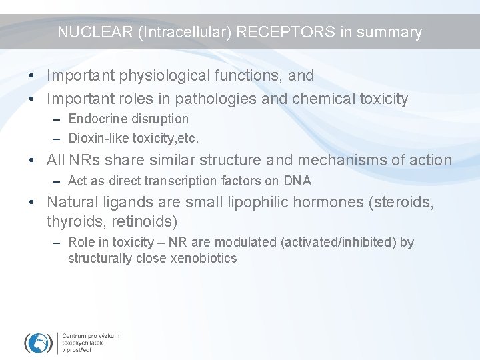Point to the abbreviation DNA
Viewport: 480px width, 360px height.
pos(297,181)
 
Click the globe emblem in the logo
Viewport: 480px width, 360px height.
pos(38,343)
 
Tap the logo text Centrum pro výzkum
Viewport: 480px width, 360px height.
pos(91,336)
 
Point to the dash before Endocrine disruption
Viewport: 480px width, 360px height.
pos(57,119)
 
